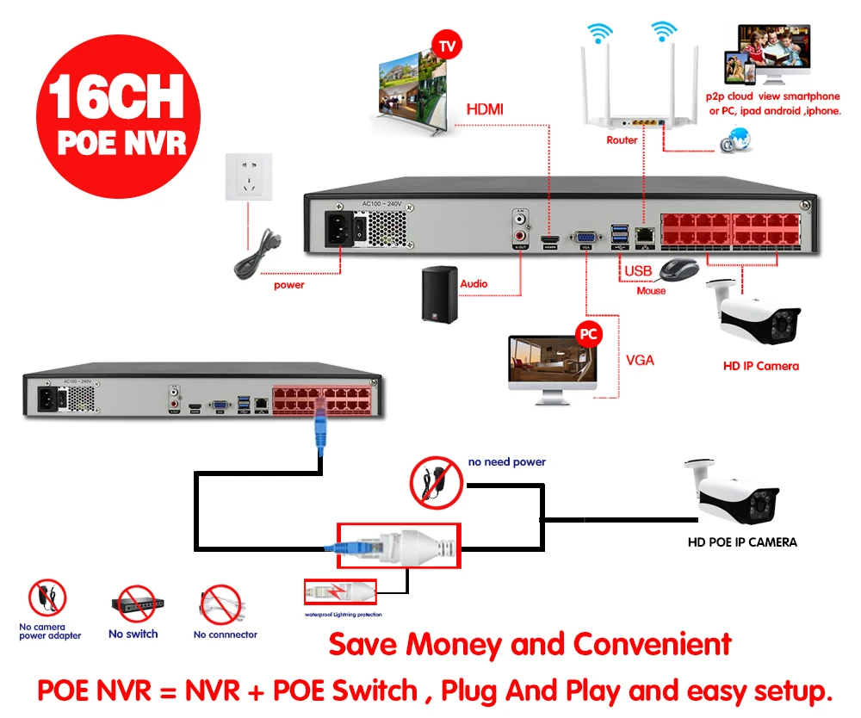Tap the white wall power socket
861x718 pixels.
(x=249, y=176)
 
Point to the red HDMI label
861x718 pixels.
(x=485, y=109)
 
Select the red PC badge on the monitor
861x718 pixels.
(x=589, y=333)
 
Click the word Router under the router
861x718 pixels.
(x=622, y=139)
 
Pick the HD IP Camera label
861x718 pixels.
(x=760, y=366)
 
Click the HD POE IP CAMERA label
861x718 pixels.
(x=742, y=542)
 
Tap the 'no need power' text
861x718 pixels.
(x=507, y=462)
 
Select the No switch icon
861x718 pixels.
(x=133, y=605)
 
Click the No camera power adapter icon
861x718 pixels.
(x=47, y=598)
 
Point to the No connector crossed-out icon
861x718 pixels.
(x=221, y=605)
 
